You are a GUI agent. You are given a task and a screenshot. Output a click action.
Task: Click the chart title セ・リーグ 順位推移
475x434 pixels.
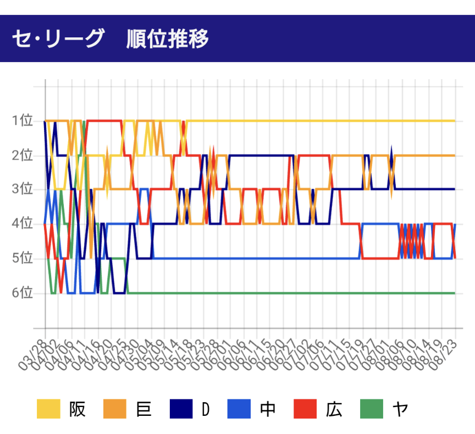pos(110,39)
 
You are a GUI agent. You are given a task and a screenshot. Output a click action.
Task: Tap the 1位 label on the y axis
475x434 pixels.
pos(22,120)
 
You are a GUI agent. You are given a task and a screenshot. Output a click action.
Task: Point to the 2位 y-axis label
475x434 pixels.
pos(22,155)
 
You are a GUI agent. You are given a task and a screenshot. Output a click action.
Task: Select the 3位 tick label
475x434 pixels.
pos(22,189)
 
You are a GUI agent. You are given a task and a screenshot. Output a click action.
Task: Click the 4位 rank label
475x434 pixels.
pos(22,224)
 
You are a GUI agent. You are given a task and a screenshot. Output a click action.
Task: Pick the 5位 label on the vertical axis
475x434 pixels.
pos(22,259)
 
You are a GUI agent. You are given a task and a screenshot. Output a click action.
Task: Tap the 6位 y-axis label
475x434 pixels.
pos(22,293)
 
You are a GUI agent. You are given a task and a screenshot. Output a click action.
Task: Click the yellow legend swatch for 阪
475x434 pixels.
pos(48,410)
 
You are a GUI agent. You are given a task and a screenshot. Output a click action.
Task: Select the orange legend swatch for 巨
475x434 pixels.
pos(115,410)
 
